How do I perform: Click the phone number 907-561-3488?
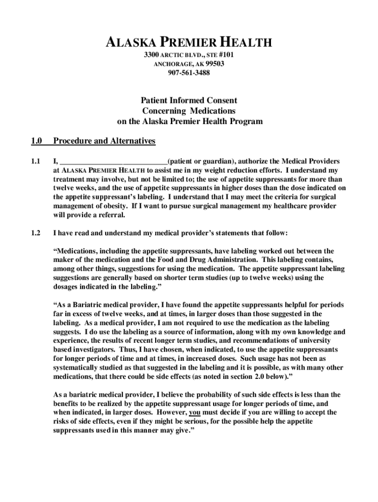[189, 73]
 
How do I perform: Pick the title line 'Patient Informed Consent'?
[189, 100]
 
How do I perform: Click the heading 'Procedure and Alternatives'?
[104, 141]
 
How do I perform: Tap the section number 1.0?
[36, 141]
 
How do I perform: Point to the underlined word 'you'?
[194, 412]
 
